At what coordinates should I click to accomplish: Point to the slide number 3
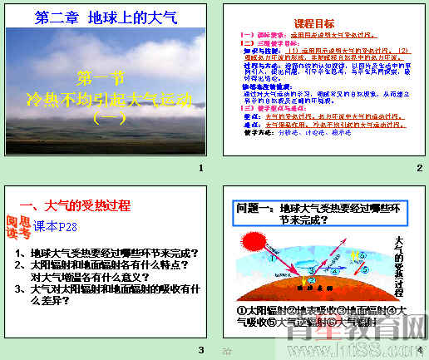tap(200, 349)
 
